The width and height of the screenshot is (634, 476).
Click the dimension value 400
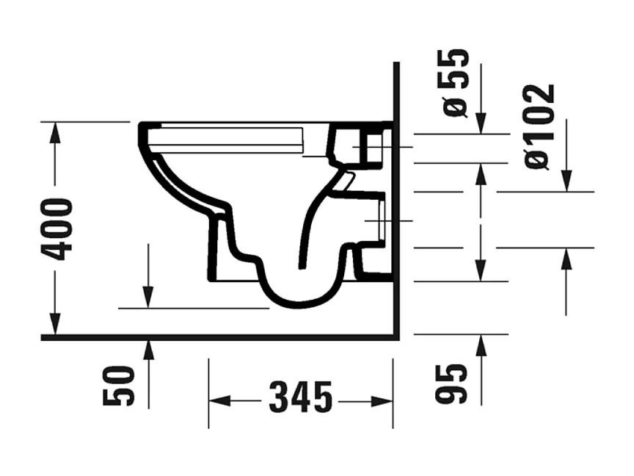point(57,229)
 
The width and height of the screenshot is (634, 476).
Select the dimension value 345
point(300,400)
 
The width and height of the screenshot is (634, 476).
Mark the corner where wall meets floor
point(396,337)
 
